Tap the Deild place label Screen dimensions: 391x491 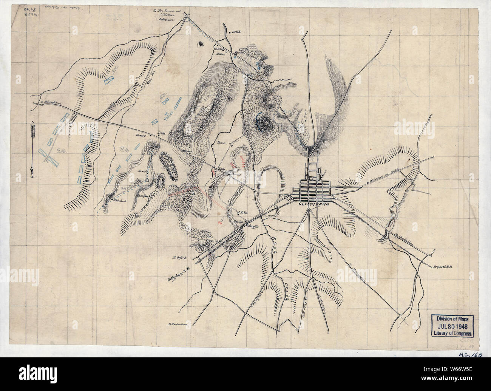(236, 33)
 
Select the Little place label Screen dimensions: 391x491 (162, 133)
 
